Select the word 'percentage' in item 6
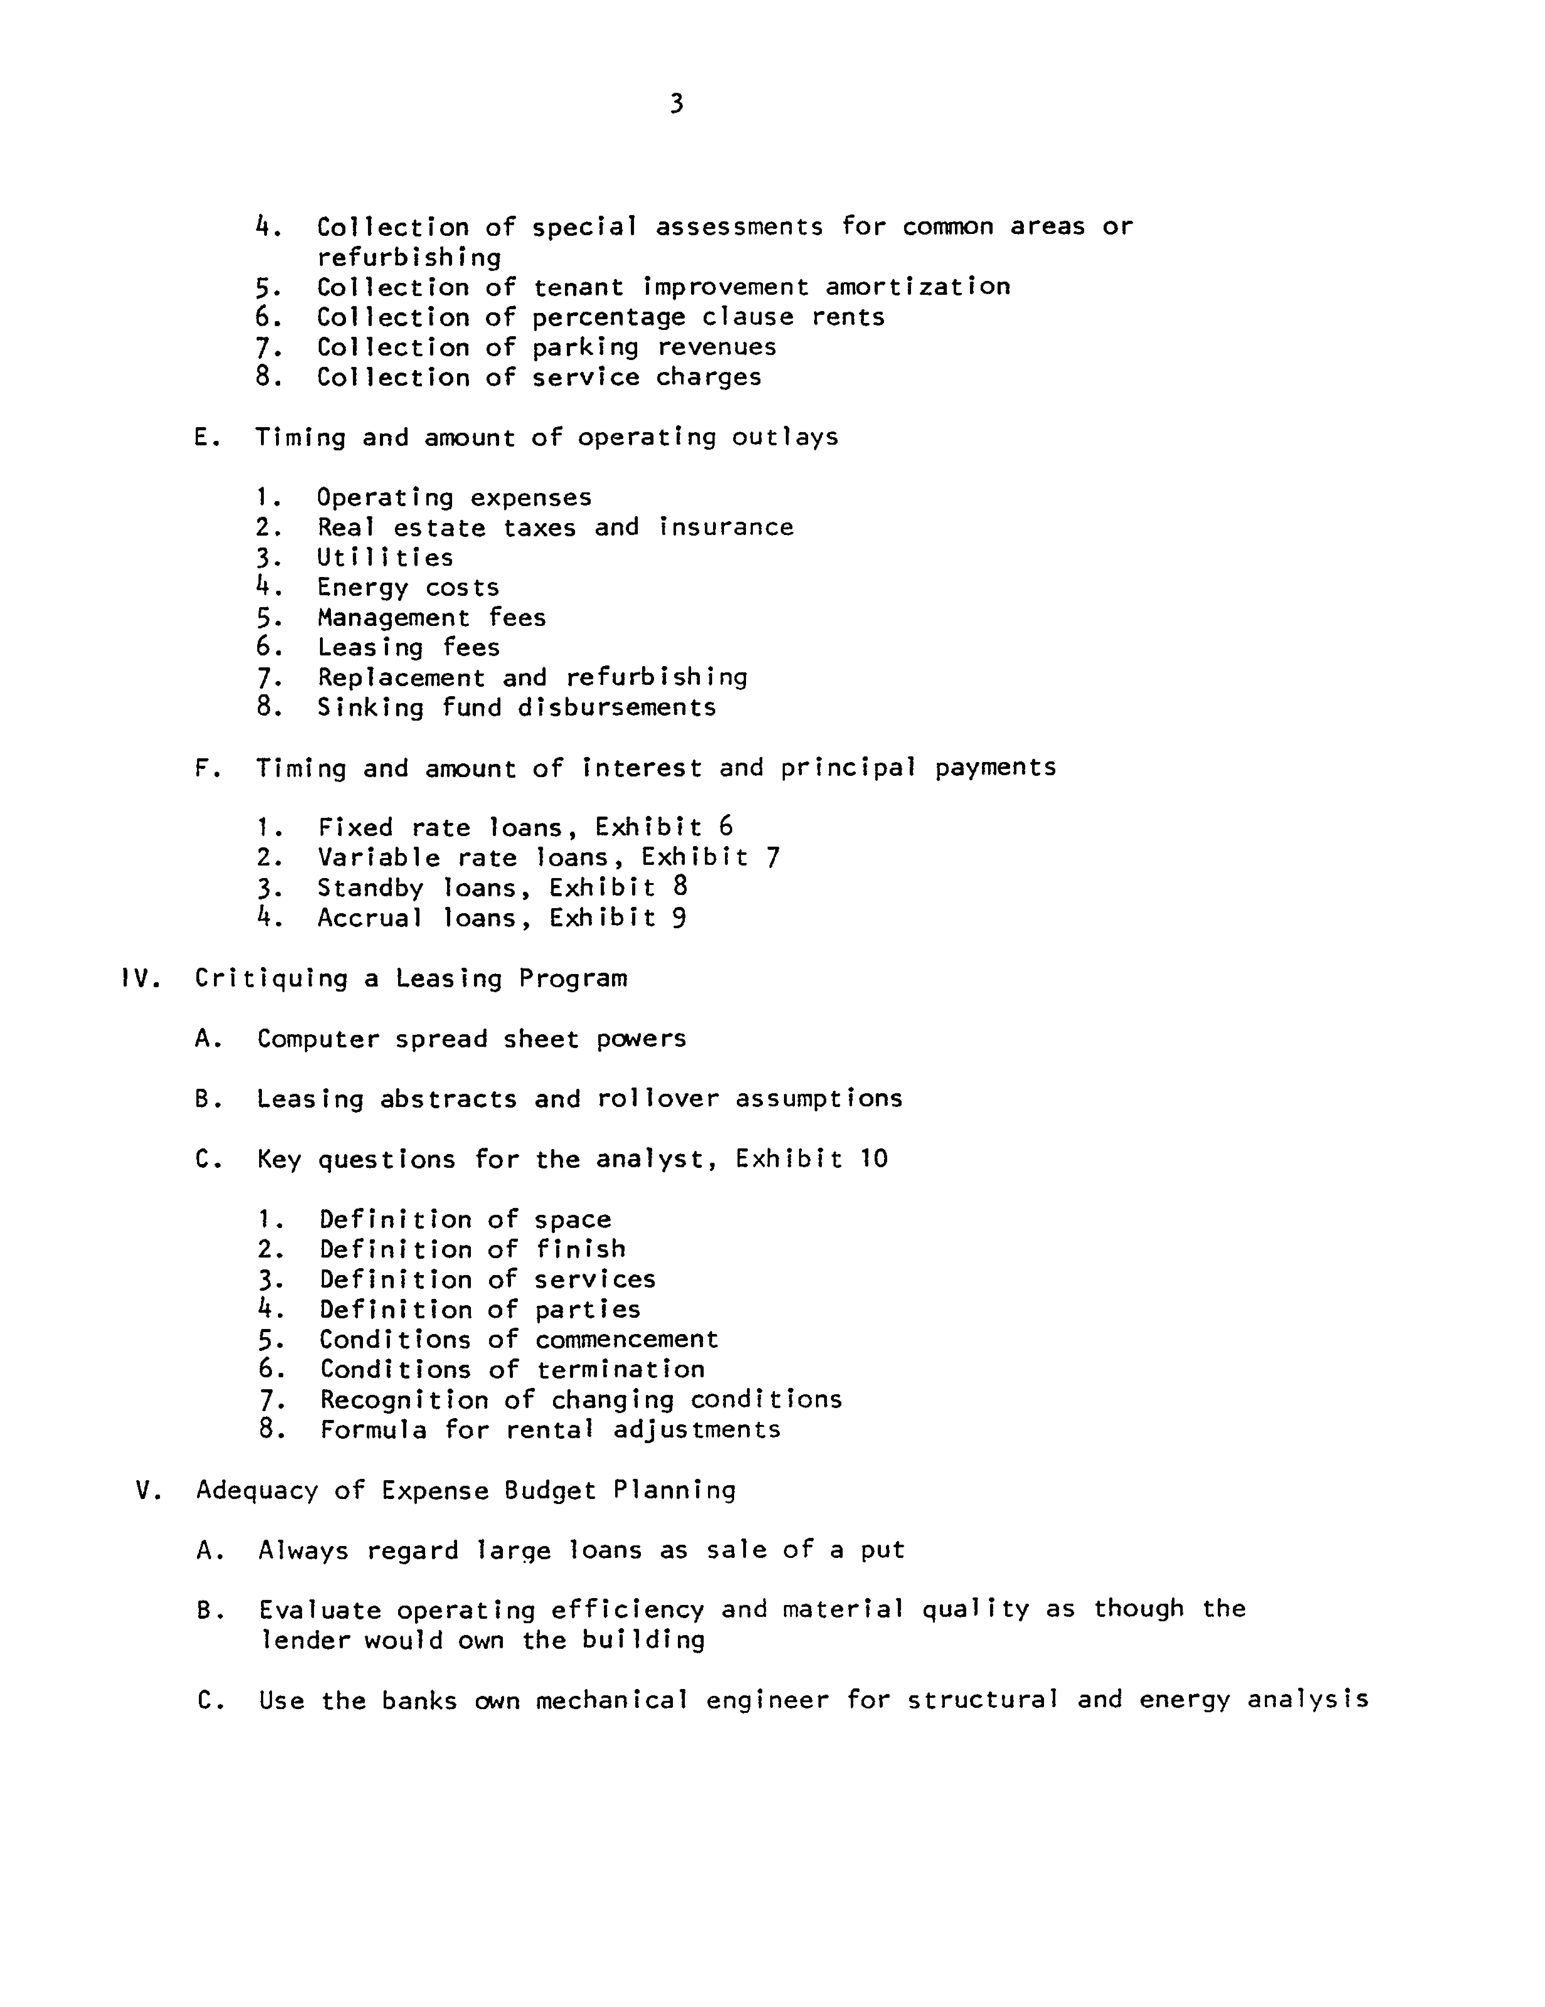coord(609,317)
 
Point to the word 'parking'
coord(584,347)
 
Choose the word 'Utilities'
coord(385,558)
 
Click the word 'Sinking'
coord(370,707)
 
